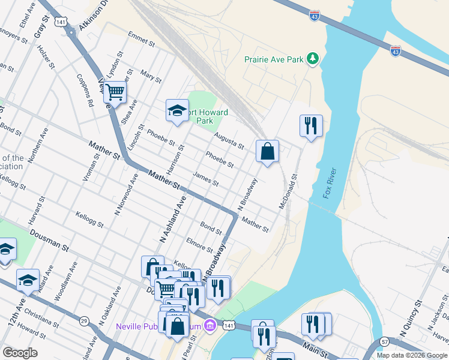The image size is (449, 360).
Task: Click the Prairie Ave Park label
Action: click(273, 59)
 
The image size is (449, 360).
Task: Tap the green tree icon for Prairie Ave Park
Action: click(312, 58)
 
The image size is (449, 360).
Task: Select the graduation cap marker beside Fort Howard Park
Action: click(177, 110)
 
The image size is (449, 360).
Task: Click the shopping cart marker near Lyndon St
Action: click(115, 93)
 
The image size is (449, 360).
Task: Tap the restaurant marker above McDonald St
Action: click(311, 126)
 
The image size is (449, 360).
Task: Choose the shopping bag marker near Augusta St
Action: click(268, 152)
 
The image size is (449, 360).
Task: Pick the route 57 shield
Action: click(384, 341)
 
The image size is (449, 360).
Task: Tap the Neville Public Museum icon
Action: click(209, 326)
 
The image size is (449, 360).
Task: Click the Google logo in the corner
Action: click(20, 353)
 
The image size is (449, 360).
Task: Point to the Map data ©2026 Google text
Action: click(412, 355)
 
